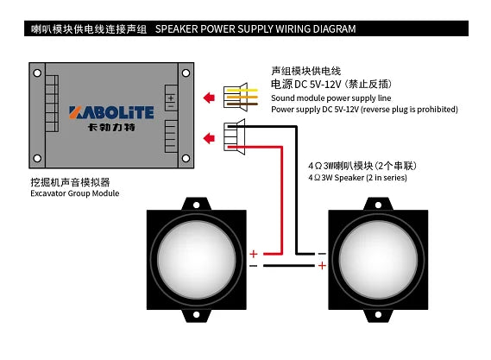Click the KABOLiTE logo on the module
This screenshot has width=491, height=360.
111,112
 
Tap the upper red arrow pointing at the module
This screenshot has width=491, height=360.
209,98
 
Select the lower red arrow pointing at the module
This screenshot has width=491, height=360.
209,138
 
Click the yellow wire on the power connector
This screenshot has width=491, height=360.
242,91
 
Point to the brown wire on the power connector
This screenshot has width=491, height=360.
242,104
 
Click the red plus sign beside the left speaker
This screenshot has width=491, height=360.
254,254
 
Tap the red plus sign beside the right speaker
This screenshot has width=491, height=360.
322,266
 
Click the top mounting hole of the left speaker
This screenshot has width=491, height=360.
197,205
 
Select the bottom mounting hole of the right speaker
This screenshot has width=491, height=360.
378,314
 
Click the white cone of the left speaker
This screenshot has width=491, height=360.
197,260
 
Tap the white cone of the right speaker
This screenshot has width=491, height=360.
378,260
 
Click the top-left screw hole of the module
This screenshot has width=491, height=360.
37,73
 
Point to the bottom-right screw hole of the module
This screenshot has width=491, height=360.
186,158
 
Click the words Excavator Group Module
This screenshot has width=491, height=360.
75,193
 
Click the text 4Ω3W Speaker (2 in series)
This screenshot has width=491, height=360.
357,178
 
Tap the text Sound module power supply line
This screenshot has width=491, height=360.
331,98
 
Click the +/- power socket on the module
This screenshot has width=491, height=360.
171,98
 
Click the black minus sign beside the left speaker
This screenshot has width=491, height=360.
253,266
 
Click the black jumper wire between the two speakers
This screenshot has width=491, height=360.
289,266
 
